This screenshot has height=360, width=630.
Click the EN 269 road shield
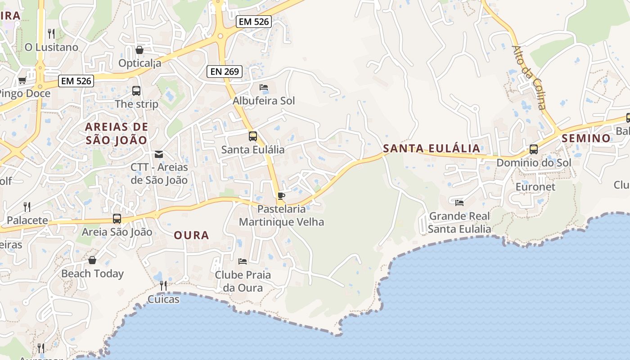(225, 71)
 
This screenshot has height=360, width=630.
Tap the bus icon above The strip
(136, 90)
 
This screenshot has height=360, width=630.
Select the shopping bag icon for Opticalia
(139, 50)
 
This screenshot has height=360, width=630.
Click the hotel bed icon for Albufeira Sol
(264, 87)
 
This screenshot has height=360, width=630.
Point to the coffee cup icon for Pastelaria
(281, 196)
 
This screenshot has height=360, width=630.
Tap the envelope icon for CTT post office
(158, 154)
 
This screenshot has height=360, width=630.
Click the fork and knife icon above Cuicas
(163, 285)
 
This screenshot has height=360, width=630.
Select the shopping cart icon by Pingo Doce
(22, 80)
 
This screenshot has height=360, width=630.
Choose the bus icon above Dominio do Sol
(534, 149)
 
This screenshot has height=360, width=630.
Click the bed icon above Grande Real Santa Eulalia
(459, 202)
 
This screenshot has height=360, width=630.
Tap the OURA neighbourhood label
(191, 235)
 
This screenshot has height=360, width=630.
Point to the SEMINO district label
(586, 138)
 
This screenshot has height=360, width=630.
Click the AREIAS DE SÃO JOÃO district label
(117, 133)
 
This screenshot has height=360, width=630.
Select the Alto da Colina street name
(529, 77)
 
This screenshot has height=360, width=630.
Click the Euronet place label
(535, 186)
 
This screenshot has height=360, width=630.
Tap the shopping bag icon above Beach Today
(92, 260)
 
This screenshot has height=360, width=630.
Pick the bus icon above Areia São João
(117, 219)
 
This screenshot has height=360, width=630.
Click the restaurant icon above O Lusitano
(51, 33)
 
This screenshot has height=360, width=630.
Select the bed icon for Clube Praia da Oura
(243, 261)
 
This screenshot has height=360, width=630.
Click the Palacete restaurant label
(27, 220)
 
